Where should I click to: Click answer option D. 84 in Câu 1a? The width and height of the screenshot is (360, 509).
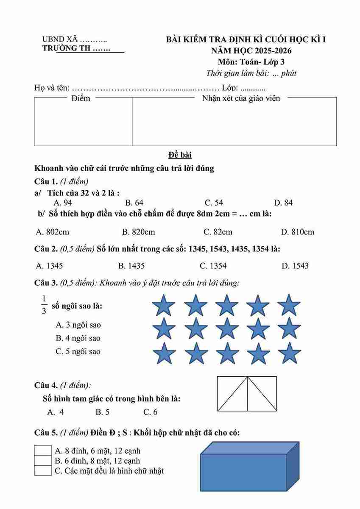tap(283, 203)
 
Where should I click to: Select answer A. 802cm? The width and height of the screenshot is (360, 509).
tap(53, 232)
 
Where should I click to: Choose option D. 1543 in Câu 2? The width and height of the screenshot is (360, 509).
tap(295, 266)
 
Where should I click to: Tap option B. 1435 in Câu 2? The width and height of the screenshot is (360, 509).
tap(131, 266)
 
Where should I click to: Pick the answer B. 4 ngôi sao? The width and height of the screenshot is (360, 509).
tap(78, 338)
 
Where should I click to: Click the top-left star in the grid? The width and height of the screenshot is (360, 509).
tap(164, 305)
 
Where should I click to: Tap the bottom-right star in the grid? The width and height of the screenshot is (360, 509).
tap(290, 353)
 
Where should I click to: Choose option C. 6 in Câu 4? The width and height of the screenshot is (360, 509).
tap(150, 412)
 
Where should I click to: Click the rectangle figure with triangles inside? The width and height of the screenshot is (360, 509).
tap(247, 394)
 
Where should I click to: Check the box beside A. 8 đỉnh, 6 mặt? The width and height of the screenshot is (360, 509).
tap(43, 451)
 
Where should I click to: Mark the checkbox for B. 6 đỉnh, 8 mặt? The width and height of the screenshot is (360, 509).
tap(43, 461)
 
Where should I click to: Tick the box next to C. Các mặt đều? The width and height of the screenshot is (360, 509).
tap(43, 470)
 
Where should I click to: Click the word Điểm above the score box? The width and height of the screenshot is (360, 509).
tap(81, 98)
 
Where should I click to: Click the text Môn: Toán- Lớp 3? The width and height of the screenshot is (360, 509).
tap(251, 62)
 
